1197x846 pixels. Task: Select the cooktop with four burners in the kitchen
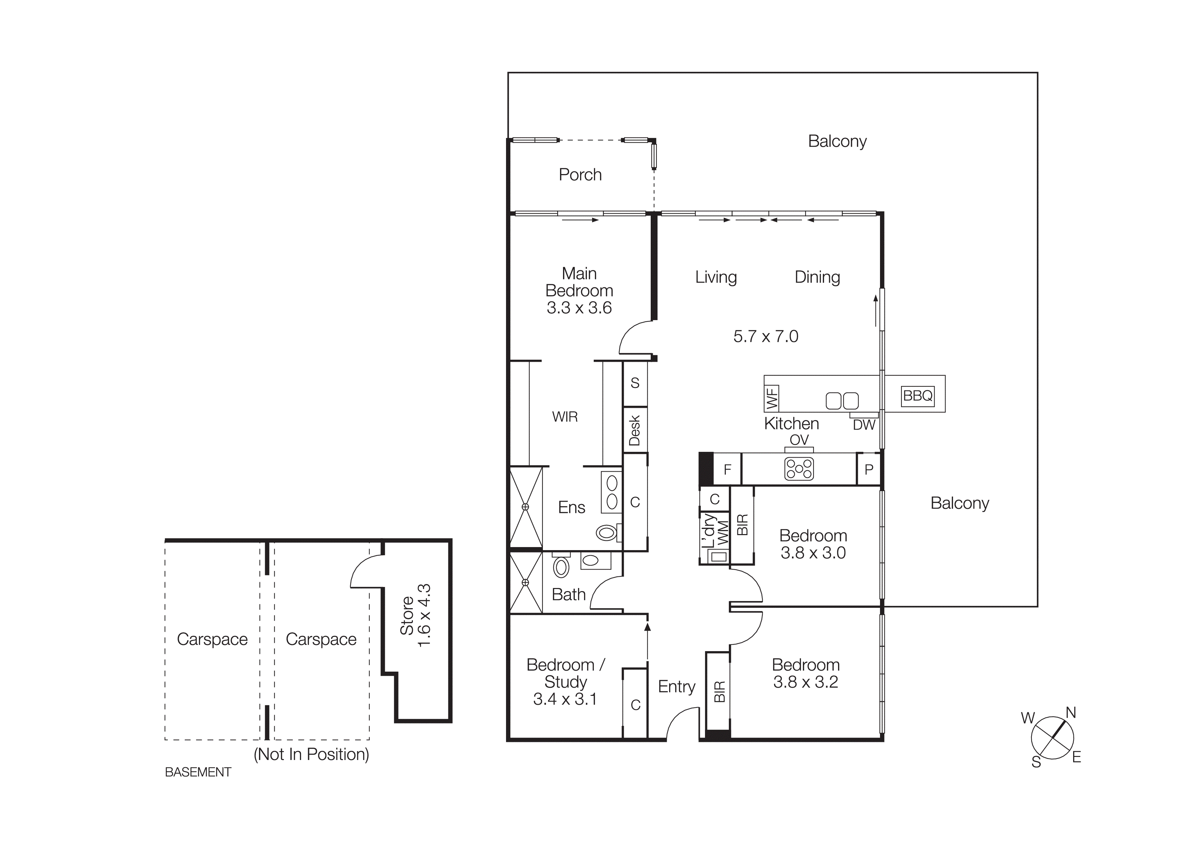(799, 469)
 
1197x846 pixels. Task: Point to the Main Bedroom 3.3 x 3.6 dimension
(579, 308)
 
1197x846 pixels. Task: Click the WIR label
(565, 417)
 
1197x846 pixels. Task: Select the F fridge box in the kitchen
(727, 470)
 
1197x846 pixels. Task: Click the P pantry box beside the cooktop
(868, 470)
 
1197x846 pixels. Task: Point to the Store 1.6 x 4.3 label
(416, 616)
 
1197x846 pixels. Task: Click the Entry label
(676, 687)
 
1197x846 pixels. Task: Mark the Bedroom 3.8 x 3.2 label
(806, 673)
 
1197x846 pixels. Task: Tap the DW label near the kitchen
(864, 425)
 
